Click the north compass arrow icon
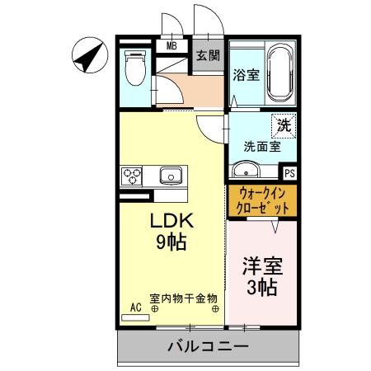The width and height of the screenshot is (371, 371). coord(88,55)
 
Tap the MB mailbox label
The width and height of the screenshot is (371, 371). coord(172,46)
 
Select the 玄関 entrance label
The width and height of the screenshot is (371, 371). coord(208,56)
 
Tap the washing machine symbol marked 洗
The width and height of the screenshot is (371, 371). coord(283,127)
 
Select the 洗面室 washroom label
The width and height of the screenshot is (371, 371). coord(261,147)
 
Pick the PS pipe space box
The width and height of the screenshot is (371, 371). coord(289,173)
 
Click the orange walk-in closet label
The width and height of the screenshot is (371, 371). coord(261,200)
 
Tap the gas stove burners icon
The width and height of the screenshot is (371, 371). coord(132,175)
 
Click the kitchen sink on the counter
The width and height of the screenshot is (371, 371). coord(171,175)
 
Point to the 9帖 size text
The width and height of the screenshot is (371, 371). coord(171,242)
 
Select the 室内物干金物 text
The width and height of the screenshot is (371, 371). coord(183,298)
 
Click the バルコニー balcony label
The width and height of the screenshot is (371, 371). coord(208,346)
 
